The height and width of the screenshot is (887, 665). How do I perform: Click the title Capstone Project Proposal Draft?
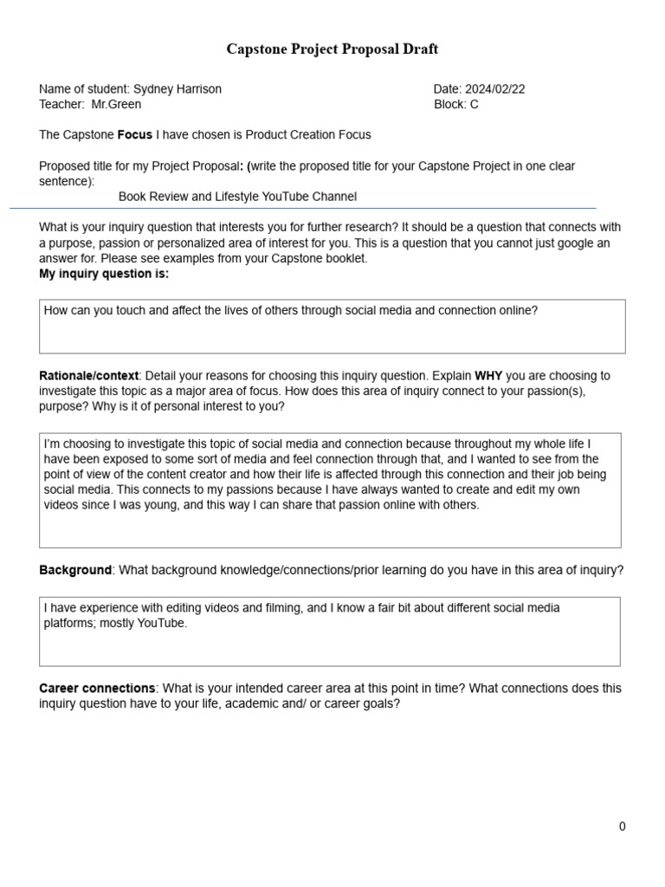[332, 49]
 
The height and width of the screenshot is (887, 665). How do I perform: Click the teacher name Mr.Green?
[116, 105]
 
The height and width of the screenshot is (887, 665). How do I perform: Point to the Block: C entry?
[456, 105]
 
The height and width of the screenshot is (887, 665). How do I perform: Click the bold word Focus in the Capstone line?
[134, 135]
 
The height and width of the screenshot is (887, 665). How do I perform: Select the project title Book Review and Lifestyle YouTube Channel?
[237, 197]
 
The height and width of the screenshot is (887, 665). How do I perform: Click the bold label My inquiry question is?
[104, 274]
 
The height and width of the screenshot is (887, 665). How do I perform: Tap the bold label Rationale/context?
[88, 376]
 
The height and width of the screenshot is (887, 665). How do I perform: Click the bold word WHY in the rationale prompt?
[488, 376]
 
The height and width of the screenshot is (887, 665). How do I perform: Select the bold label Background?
[75, 570]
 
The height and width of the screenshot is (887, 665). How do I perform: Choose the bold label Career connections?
[97, 689]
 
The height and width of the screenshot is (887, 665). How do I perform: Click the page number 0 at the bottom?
[622, 826]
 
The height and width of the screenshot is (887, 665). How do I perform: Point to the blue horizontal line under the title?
[303, 209]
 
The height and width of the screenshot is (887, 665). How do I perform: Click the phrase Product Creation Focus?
[308, 135]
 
